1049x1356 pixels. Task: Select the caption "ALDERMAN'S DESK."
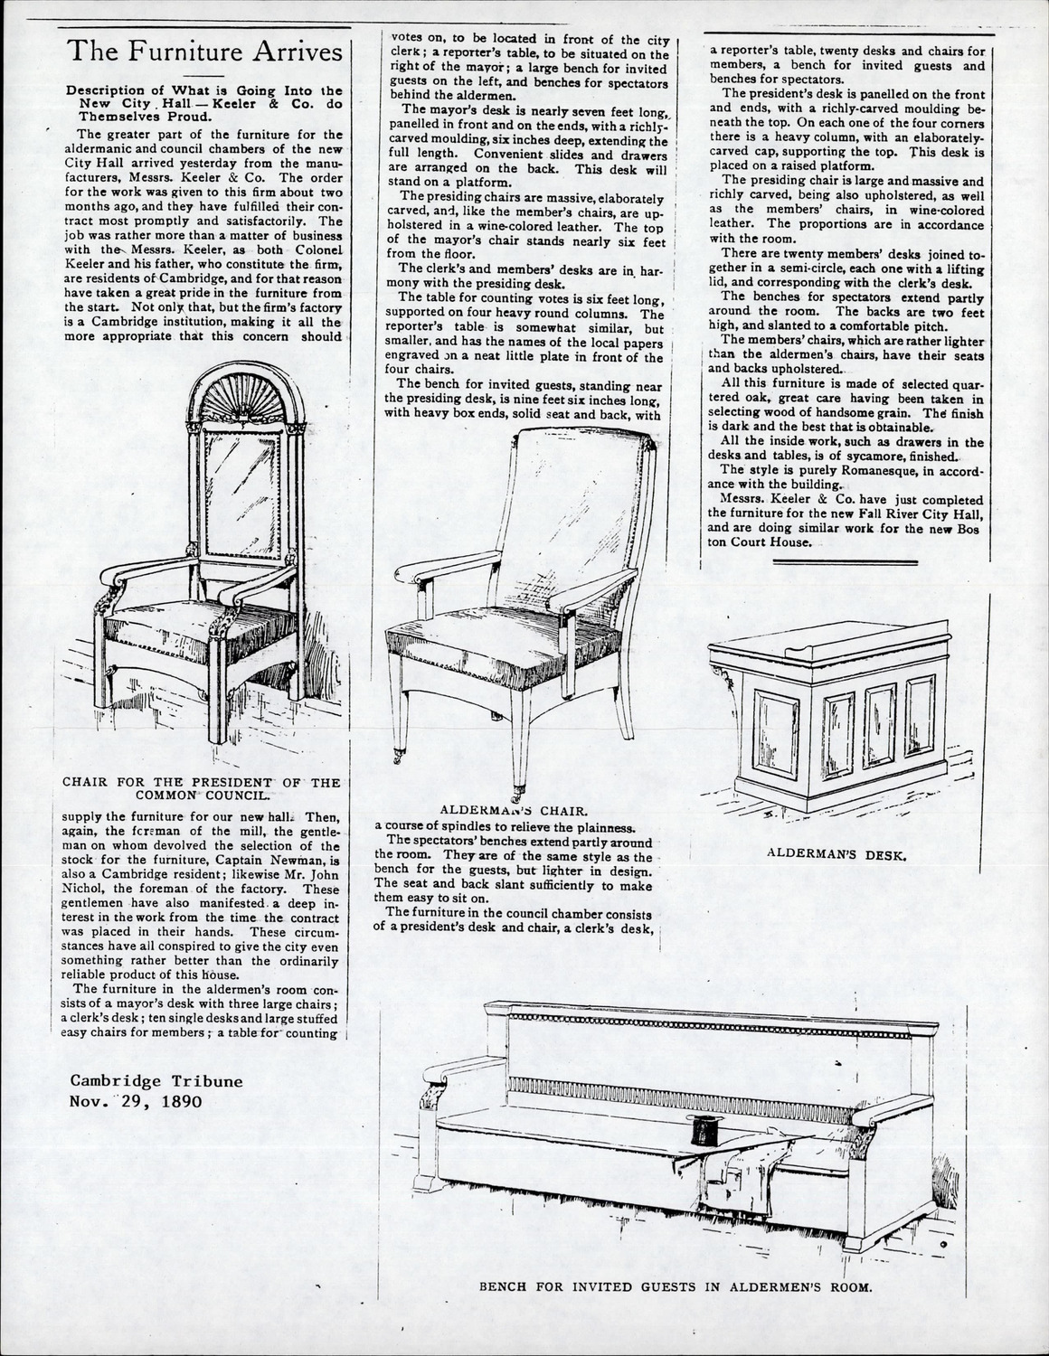pyautogui.click(x=836, y=852)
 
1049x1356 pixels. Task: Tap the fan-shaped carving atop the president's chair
pyautogui.click(x=240, y=396)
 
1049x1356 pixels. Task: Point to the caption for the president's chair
pyautogui.click(x=201, y=789)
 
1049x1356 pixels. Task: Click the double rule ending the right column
pyautogui.click(x=846, y=563)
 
